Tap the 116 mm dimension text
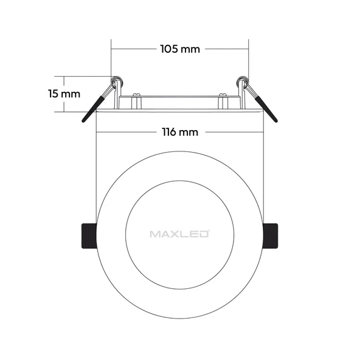179,132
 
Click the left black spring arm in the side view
95,106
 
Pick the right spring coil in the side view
243,81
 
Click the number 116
170,132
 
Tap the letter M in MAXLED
153,233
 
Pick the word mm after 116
191,132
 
